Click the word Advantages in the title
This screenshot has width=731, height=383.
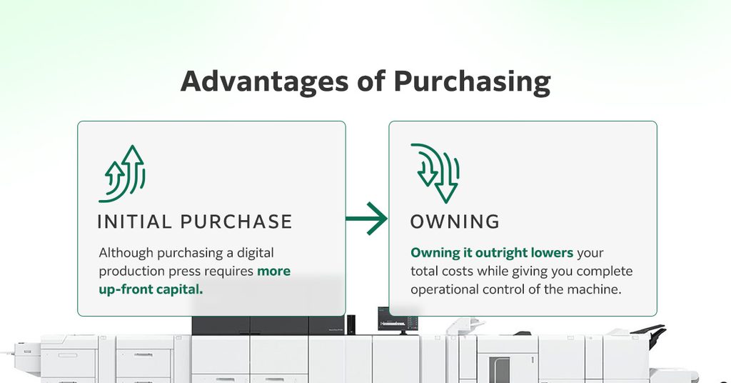coord(264,81)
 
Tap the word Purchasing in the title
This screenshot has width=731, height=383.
coord(472,81)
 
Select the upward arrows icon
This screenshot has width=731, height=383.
coord(122,174)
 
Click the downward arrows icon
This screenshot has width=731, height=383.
coord(435,173)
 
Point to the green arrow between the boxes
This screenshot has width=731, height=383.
coord(366,219)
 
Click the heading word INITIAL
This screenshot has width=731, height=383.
coord(133,222)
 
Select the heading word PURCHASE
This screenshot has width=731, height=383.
coord(236,222)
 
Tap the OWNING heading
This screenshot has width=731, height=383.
coord(455,222)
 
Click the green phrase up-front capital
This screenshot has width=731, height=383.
coord(151,289)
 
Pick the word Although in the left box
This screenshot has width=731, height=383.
coord(126,253)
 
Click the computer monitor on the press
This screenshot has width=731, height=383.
coord(398,320)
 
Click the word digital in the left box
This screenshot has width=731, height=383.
coord(256,253)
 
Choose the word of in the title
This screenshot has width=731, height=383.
coord(371,81)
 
